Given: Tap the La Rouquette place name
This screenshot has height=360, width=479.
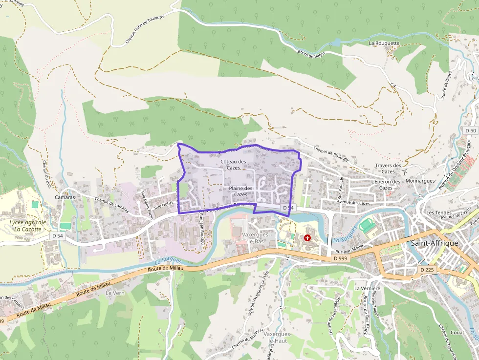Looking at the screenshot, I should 384,43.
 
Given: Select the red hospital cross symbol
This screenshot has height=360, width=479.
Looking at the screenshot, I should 307,237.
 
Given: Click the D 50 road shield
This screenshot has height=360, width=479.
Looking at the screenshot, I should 470,130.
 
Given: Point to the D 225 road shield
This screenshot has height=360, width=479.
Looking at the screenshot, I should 427,270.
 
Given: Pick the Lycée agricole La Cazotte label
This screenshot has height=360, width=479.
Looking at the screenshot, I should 27,226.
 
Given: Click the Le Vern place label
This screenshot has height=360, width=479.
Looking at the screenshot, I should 115,293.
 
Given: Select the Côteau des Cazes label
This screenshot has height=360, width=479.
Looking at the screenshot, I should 233,165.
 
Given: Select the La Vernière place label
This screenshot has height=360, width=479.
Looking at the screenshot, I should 367,288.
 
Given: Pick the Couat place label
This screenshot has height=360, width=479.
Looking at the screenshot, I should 457,332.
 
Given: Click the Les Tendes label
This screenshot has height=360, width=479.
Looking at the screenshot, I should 436,213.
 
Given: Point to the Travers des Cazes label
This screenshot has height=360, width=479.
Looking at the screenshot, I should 388,169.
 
